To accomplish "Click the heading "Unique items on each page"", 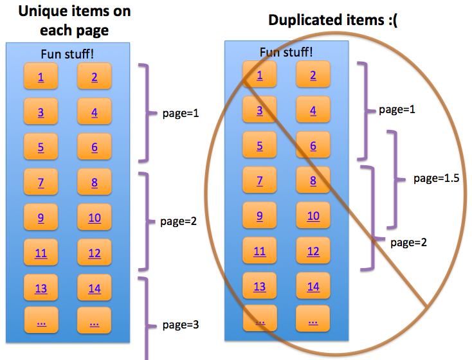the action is tap(75, 21).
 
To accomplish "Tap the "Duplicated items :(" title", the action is tap(332, 20).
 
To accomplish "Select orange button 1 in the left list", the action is tap(41, 76).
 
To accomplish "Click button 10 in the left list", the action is tap(95, 217).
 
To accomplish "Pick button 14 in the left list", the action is tap(95, 287).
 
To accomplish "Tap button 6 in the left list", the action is tap(95, 147).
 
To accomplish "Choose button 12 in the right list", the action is tap(313, 250).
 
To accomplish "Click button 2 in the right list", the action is tap(313, 74).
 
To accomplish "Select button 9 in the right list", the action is tap(260, 215).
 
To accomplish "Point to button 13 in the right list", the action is tap(260, 285).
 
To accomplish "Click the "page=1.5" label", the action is tap(436, 178).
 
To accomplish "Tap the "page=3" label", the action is tap(181, 325).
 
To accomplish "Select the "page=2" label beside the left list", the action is tap(178, 221).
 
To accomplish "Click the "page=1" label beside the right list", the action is tap(397, 109).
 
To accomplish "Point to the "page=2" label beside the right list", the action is tap(408, 242).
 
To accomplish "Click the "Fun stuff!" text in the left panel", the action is tap(67, 54).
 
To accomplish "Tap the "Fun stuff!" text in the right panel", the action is tap(286, 52).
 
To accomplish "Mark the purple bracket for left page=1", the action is tap(147, 113).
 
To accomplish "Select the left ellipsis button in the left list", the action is tap(41, 319).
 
